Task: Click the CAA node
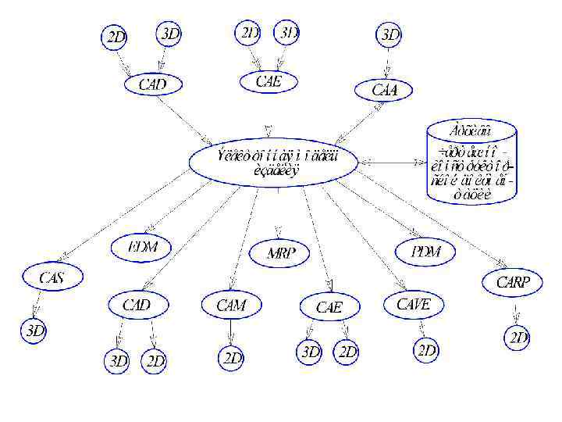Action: pyautogui.click(x=384, y=90)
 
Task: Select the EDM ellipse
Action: pyautogui.click(x=143, y=247)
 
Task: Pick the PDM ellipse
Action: pyautogui.click(x=426, y=251)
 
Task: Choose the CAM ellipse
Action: pyautogui.click(x=230, y=305)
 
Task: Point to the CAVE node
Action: pyautogui.click(x=413, y=304)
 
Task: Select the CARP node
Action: pyautogui.click(x=513, y=282)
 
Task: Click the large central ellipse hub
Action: pyautogui.click(x=274, y=162)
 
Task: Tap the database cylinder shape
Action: pyautogui.click(x=472, y=162)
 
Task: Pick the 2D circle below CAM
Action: pyautogui.click(x=232, y=358)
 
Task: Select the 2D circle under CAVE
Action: pyautogui.click(x=426, y=351)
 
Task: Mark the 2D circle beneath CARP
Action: pyautogui.click(x=518, y=338)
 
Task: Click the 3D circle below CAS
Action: pyautogui.click(x=35, y=331)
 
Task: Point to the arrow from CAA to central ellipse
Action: pyautogui.click(x=358, y=121)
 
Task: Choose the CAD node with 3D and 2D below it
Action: pyautogui.click(x=137, y=303)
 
